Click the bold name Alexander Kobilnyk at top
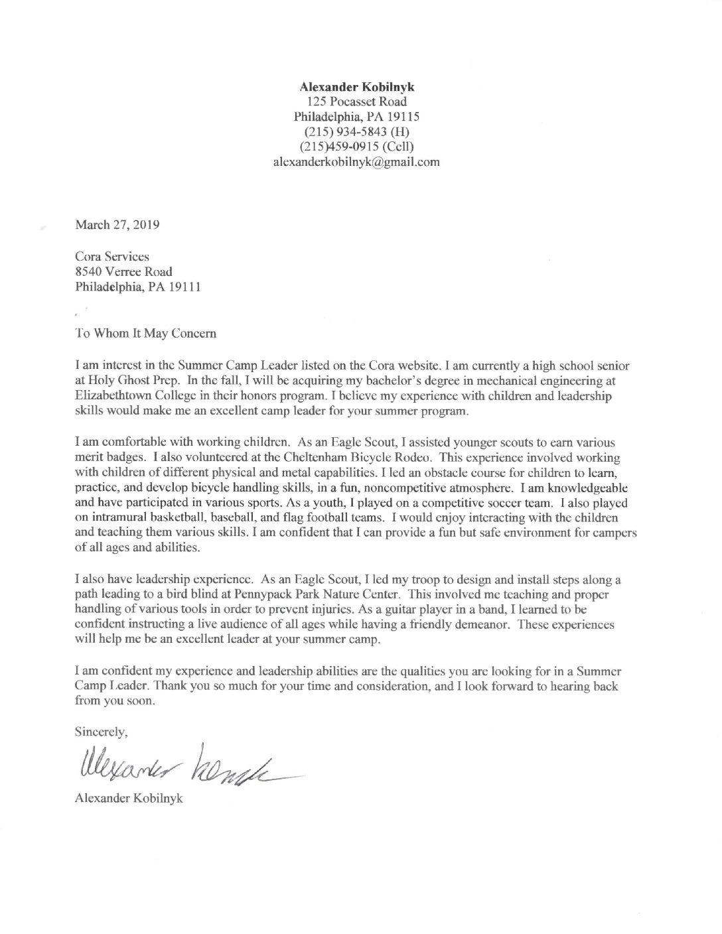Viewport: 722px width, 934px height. click(x=357, y=87)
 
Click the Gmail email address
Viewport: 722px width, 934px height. click(x=357, y=161)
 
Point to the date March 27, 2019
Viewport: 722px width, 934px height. click(x=117, y=224)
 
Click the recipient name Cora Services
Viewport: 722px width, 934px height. click(x=112, y=256)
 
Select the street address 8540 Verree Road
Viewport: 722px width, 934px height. click(x=124, y=271)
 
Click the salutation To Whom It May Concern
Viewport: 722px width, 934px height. click(x=146, y=334)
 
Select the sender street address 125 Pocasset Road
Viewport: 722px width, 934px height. click(x=357, y=101)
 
